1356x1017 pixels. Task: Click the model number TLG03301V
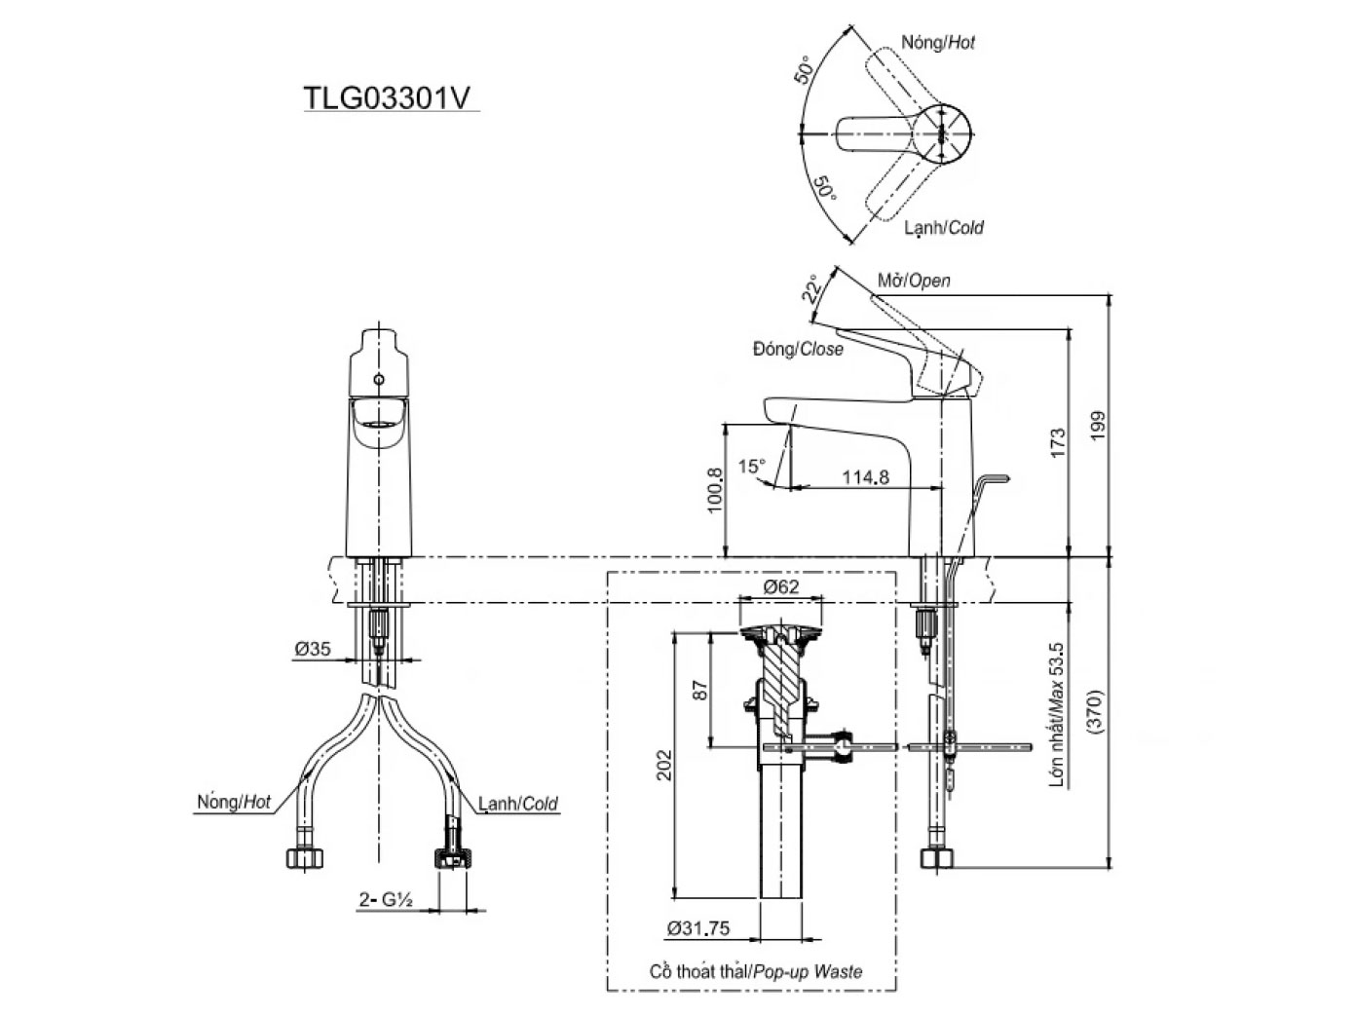(391, 98)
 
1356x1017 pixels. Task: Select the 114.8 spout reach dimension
(865, 477)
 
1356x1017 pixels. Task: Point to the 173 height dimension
(1059, 443)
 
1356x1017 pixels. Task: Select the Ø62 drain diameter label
(780, 586)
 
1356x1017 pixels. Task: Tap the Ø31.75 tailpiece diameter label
(698, 928)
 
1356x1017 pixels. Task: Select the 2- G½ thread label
(387, 901)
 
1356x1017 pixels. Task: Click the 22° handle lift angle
(811, 288)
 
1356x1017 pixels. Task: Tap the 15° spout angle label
(751, 467)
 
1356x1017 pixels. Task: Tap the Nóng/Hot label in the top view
(937, 43)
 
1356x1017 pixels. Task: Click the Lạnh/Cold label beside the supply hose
(517, 804)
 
